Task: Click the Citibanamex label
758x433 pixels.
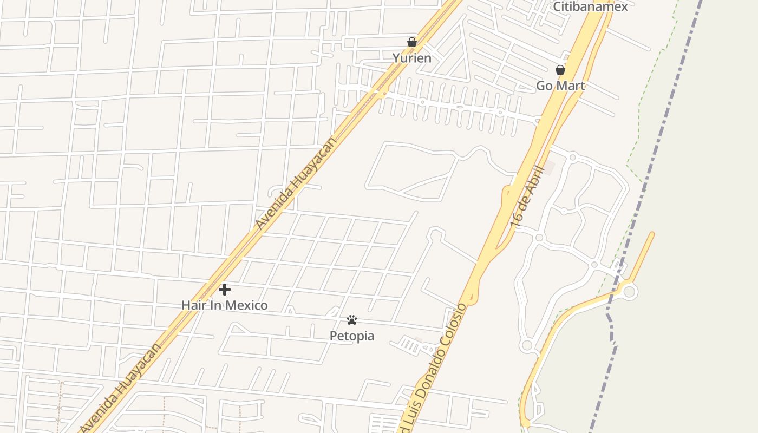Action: (x=590, y=6)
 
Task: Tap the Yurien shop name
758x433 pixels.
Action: (x=412, y=58)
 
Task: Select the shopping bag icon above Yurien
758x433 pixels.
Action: (x=412, y=42)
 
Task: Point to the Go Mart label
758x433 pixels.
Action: (x=560, y=86)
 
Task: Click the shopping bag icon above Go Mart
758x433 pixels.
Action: (x=560, y=70)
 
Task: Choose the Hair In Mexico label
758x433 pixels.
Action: (x=224, y=305)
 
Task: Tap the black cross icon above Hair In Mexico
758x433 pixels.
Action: (x=225, y=290)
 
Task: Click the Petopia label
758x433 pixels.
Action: (x=352, y=336)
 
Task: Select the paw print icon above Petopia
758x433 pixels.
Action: (x=352, y=320)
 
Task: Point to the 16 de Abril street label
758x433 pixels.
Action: (x=526, y=196)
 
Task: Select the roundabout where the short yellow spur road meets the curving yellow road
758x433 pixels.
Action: (x=629, y=292)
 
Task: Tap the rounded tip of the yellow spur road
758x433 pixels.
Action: (x=651, y=235)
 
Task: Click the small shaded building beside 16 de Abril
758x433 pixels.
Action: (x=549, y=168)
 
